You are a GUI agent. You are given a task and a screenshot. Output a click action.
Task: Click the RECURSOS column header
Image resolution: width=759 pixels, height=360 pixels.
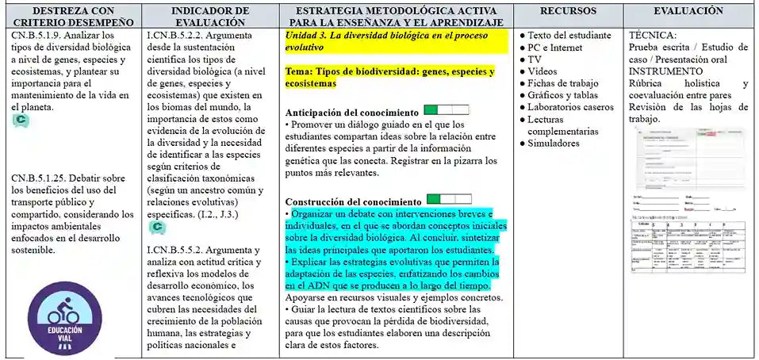[x=568, y=12]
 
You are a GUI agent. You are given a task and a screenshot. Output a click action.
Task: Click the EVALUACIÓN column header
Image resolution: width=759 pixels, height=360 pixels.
[x=688, y=12]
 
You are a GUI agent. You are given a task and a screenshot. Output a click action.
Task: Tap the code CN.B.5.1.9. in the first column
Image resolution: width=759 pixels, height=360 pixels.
[x=40, y=36]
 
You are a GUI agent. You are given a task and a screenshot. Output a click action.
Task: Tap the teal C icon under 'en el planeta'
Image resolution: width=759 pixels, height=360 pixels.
[x=21, y=120]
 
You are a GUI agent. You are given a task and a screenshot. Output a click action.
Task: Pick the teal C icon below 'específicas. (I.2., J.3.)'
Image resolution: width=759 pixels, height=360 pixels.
[x=157, y=228]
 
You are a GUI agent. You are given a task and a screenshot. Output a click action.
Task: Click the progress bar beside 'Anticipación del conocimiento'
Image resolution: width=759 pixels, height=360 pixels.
[x=446, y=110]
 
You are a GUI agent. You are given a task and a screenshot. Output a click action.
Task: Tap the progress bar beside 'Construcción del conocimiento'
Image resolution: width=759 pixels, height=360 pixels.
[x=448, y=199]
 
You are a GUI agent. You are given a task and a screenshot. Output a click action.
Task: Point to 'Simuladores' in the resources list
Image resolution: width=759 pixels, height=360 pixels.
[x=554, y=144]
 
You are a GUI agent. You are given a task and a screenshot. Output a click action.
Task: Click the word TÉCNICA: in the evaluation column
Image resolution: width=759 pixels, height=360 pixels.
[x=652, y=36]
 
